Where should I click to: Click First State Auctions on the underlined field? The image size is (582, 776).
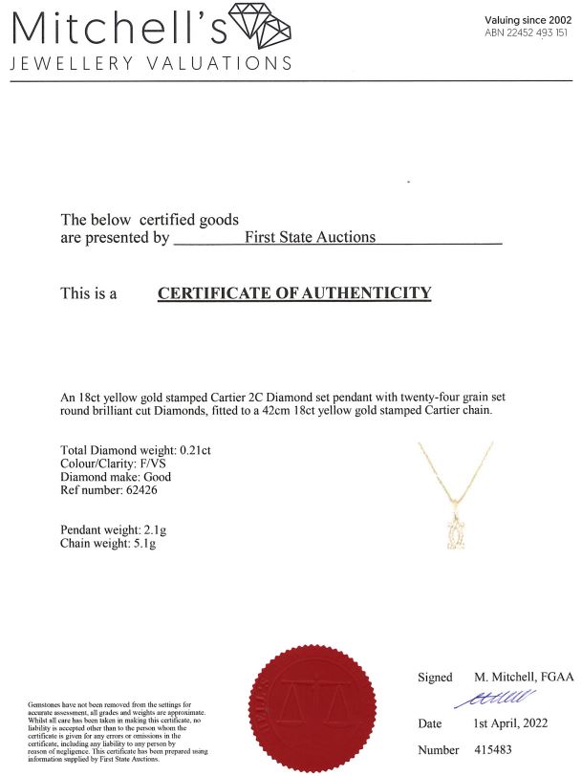pyautogui.click(x=311, y=237)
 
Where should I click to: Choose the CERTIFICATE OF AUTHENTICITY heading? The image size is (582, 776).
pyautogui.click(x=294, y=293)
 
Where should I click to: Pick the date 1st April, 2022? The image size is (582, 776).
pyautogui.click(x=511, y=723)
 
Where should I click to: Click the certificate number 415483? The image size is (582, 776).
pyautogui.click(x=495, y=751)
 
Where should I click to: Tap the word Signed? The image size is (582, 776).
pyautogui.click(x=435, y=678)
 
